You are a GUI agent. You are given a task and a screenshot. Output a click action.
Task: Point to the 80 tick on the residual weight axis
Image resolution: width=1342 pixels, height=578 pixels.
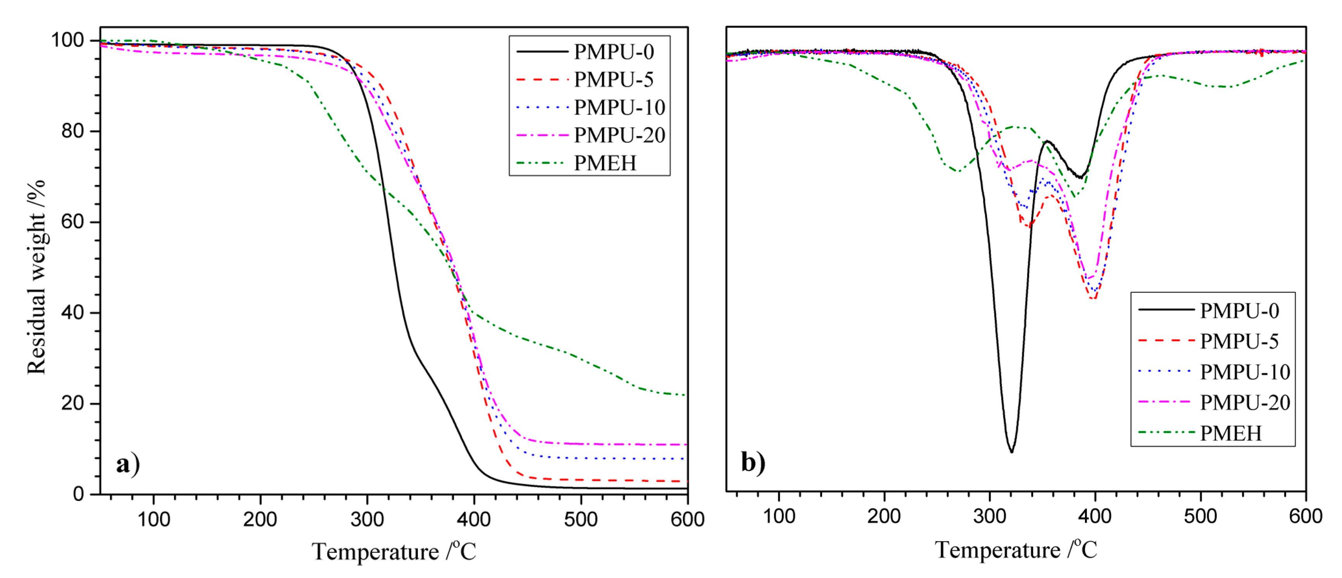72,131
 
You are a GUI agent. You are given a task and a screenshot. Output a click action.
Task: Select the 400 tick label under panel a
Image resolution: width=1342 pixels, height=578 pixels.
474,519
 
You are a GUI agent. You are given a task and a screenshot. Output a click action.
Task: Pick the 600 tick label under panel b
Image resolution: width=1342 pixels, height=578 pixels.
1305,516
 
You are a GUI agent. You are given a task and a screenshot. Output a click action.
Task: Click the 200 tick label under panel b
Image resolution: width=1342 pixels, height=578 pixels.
884,516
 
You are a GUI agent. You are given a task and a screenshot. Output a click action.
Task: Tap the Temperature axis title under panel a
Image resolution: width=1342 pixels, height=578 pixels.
394,551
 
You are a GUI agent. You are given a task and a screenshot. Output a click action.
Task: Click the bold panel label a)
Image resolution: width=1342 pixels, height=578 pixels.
128,463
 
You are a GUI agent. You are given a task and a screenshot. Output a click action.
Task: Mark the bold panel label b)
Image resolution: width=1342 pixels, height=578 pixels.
753,462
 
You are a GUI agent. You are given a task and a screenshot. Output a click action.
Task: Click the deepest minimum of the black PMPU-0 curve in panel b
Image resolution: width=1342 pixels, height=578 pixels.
1012,451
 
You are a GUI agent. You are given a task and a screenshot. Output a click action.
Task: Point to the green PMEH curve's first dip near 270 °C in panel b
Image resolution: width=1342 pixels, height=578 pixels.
957,171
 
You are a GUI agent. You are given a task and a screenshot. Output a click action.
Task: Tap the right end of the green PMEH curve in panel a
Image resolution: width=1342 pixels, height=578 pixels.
685,395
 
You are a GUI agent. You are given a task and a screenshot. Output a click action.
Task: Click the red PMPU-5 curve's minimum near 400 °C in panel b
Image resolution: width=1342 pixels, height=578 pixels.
1093,298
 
